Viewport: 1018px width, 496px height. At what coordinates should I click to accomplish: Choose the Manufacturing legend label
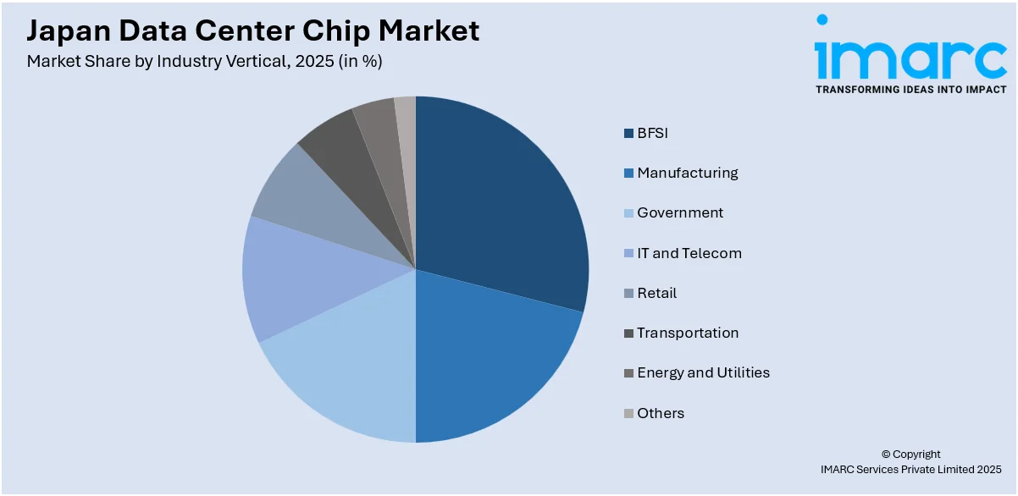click(x=687, y=173)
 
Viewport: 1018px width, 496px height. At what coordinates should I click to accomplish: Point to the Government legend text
click(x=680, y=212)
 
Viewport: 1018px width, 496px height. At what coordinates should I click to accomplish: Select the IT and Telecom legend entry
click(x=689, y=253)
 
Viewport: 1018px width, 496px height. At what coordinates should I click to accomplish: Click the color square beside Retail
click(x=628, y=294)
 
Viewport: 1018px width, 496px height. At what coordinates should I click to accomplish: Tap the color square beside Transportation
click(x=628, y=333)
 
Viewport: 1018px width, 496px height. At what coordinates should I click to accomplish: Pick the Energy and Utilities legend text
click(x=703, y=372)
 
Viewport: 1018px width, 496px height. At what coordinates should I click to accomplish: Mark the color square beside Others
click(x=628, y=414)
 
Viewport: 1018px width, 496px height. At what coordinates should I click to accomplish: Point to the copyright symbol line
click(x=910, y=454)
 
